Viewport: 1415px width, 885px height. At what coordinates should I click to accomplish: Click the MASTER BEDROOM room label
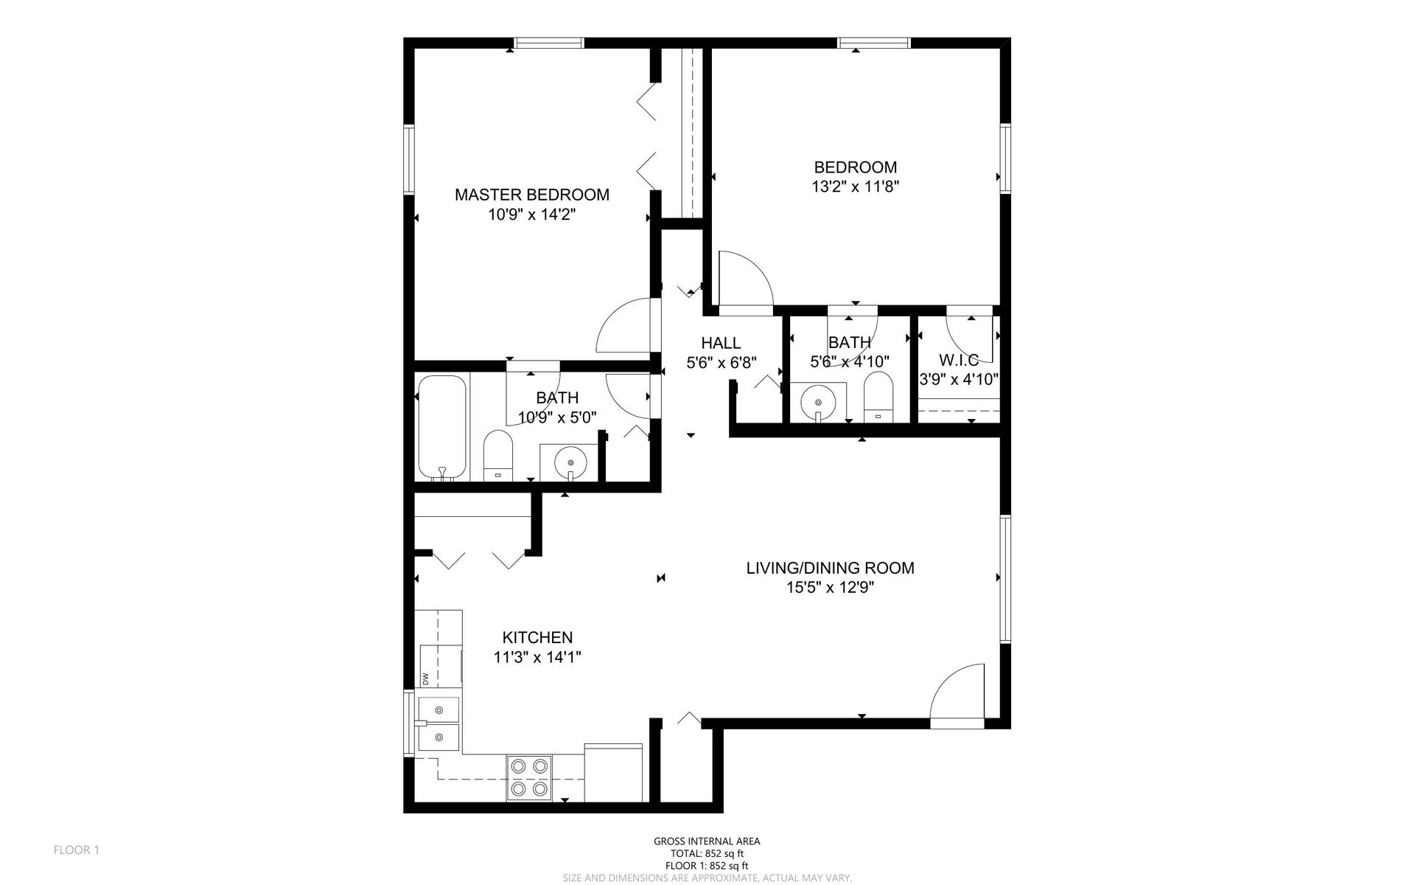(531, 195)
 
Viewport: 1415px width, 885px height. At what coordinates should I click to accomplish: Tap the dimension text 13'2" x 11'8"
(855, 187)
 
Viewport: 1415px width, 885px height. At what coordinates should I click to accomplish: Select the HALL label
(721, 343)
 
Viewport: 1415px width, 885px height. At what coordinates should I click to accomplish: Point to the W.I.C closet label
(959, 361)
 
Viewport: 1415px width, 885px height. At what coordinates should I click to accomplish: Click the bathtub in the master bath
(442, 428)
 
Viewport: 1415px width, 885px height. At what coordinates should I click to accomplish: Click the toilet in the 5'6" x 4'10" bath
(878, 396)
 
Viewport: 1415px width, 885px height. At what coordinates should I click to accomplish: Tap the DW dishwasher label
(426, 677)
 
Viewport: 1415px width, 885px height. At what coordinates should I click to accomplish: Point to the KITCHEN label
(537, 638)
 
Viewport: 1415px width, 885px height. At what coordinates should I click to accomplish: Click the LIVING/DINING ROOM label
(830, 568)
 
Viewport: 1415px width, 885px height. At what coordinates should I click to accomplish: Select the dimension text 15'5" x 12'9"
(830, 588)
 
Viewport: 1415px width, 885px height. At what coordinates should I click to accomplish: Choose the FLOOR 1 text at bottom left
(77, 850)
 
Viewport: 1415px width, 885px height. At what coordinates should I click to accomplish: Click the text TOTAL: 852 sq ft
(707, 853)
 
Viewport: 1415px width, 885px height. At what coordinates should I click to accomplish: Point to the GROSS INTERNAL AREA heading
(707, 841)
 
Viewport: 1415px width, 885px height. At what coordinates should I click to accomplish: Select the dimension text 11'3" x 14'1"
(537, 658)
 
